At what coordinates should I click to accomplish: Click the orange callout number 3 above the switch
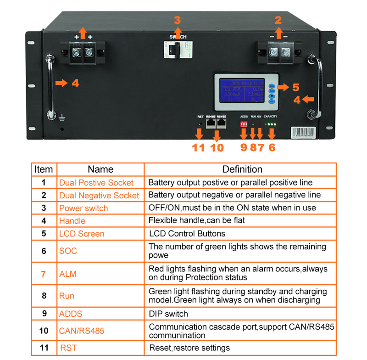[x=177, y=20]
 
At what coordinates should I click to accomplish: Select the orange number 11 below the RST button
[x=198, y=147]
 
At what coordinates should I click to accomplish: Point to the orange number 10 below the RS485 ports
[x=217, y=147]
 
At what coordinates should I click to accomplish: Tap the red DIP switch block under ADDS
[x=244, y=124]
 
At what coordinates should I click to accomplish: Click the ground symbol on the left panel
[x=62, y=118]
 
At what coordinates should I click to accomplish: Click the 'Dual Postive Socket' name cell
[x=96, y=183]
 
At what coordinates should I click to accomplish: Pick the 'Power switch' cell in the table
[x=83, y=208]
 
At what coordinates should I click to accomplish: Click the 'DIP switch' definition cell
[x=168, y=314]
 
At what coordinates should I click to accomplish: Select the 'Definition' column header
[x=242, y=169]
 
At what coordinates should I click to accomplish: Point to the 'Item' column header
[x=44, y=169]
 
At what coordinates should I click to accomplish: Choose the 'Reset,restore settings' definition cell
[x=189, y=348]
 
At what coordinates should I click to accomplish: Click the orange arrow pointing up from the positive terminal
[x=83, y=32]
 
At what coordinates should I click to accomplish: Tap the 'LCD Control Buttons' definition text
[x=187, y=233]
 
